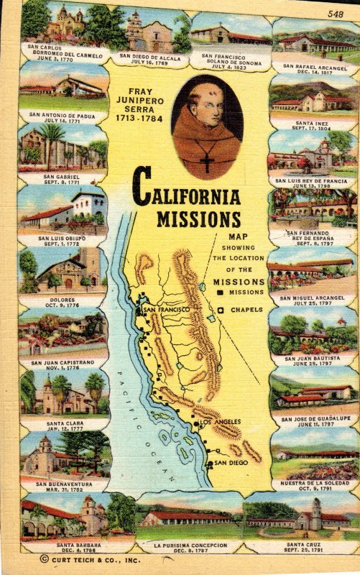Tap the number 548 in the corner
pyautogui.click(x=335, y=14)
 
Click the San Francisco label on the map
pyautogui.click(x=166, y=310)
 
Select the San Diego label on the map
pyautogui.click(x=230, y=463)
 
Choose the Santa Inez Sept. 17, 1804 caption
pyautogui.click(x=310, y=126)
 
